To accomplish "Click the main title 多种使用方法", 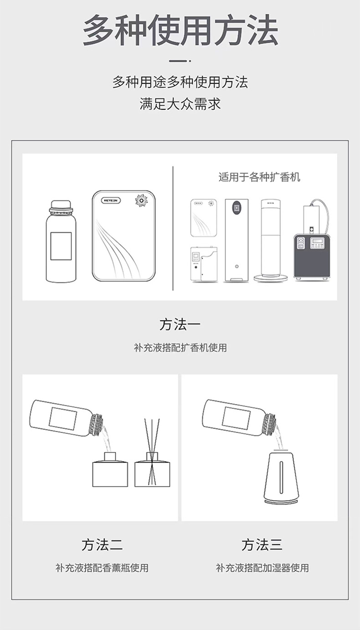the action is click(x=180, y=30).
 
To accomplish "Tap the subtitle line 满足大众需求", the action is click(x=180, y=104).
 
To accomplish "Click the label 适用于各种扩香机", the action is click(x=259, y=177).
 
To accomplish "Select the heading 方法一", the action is click(x=180, y=324).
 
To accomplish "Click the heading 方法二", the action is click(x=103, y=545).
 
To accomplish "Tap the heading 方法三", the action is click(x=262, y=545).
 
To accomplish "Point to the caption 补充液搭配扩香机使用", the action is click(x=180, y=348).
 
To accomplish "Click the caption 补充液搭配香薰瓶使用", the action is click(x=102, y=568).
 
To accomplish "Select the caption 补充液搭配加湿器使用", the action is click(x=262, y=568).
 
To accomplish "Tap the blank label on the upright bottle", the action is click(x=61, y=246).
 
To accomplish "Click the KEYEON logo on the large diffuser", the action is click(x=111, y=200).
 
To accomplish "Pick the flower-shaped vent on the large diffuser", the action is click(x=140, y=200).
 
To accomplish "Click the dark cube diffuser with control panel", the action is click(x=312, y=256).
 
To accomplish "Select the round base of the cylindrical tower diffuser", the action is click(x=271, y=278).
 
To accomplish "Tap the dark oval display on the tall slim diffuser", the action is click(x=237, y=208).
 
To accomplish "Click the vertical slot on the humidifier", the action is click(x=281, y=477).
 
